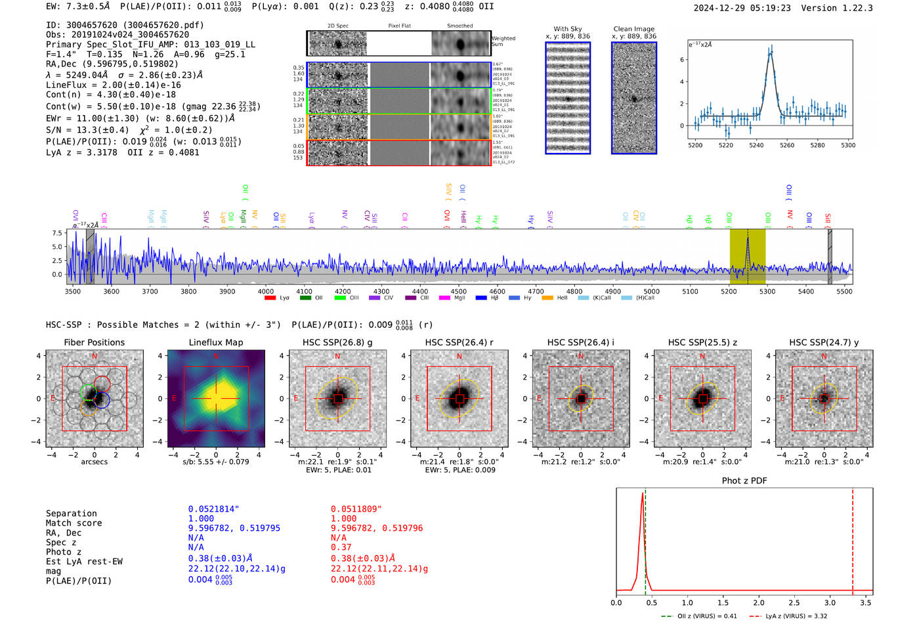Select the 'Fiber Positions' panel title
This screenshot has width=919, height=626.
94,342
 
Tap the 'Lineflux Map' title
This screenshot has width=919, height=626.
216,342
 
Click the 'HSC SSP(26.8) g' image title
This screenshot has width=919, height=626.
337,342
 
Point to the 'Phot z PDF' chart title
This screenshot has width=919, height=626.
744,481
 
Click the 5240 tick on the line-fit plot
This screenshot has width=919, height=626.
756,145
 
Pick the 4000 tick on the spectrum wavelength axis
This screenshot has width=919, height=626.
266,292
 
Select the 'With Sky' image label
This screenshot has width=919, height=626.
568,29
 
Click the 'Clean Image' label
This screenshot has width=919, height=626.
633,29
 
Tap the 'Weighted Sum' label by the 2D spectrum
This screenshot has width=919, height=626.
503,41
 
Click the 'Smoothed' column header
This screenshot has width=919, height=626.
460,26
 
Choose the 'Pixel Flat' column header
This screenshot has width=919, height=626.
399,26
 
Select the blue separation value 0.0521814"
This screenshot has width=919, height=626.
213,509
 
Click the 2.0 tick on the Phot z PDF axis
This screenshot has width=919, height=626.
759,602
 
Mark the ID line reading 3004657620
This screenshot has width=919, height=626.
125,25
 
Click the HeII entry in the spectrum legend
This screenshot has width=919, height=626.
562,298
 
